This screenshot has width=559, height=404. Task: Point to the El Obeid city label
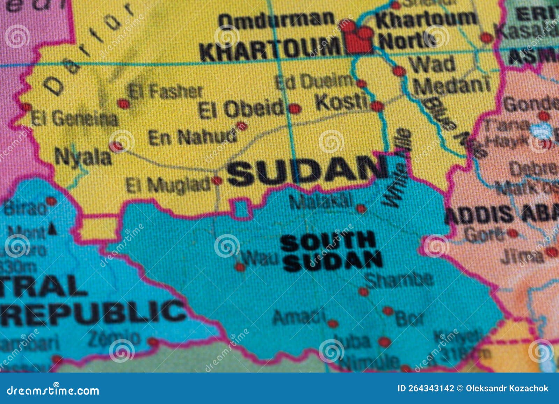[x=241, y=109]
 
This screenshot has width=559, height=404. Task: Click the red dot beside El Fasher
[x=123, y=103]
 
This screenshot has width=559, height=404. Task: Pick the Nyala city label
[x=83, y=157]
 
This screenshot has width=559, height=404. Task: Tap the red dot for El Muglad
[x=217, y=181]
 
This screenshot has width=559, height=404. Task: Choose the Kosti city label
[x=341, y=102]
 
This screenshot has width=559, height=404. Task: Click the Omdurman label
[x=276, y=20]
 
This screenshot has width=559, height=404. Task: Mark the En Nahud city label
[x=192, y=137]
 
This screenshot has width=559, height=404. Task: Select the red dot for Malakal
[x=361, y=209]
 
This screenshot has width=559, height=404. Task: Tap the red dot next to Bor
[x=388, y=310]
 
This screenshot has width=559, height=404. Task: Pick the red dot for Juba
[x=384, y=341]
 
